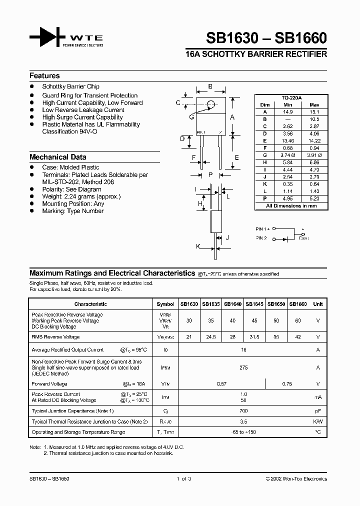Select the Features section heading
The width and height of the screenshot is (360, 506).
click(44, 76)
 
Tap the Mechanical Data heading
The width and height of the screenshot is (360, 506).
click(57, 156)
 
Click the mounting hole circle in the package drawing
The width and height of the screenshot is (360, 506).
click(211, 104)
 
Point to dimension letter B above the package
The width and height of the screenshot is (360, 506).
click(210, 86)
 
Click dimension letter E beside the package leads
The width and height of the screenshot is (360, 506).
click(237, 156)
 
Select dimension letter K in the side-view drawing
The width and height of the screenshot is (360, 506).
click(198, 246)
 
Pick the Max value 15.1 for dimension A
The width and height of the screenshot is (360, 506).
click(314, 112)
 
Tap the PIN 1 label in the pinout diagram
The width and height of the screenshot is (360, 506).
click(263, 228)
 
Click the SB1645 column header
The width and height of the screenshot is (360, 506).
click(254, 304)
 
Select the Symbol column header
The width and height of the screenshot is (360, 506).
click(165, 304)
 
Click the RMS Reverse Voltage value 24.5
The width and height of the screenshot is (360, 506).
click(210, 337)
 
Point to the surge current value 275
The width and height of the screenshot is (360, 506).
click(244, 367)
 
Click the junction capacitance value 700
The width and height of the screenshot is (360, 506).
click(244, 411)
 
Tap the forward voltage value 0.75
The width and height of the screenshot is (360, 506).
click(286, 383)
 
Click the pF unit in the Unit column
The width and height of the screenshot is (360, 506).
click(317, 411)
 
